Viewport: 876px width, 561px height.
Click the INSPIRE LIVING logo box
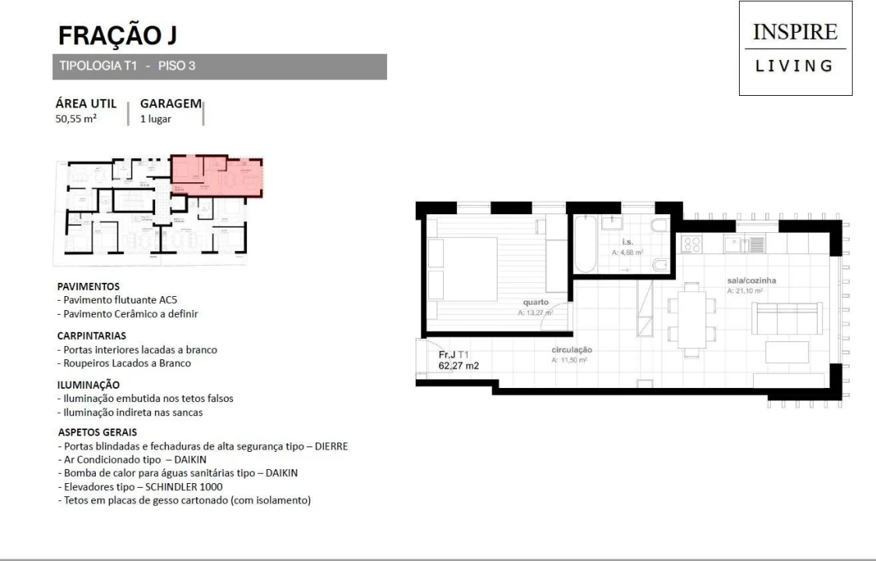(795, 48)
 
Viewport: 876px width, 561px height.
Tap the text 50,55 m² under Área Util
(76, 119)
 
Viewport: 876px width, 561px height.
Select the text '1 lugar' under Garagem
(157, 119)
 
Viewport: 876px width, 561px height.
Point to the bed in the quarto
(464, 269)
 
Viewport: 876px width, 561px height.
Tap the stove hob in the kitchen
(691, 245)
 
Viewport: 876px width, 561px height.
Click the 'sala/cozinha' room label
(751, 280)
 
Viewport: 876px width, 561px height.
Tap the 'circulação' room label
(572, 350)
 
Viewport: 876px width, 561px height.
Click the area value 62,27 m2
(459, 364)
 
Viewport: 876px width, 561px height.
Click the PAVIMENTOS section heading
(90, 286)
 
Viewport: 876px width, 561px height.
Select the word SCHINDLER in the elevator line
(159, 486)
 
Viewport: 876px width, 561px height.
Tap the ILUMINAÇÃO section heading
(90, 384)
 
